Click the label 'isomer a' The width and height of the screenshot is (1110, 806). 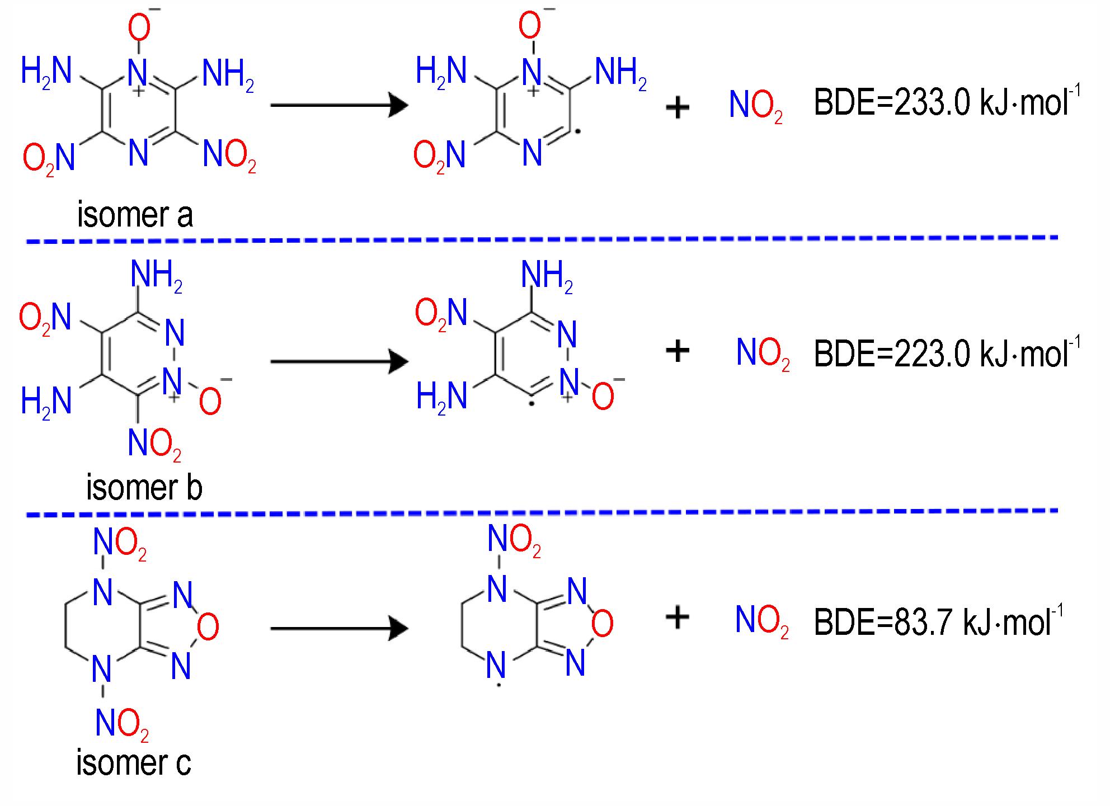(135, 215)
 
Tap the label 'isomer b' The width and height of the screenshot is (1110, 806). (144, 487)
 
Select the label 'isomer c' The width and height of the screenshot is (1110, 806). (134, 762)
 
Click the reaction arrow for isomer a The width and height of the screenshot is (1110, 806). (340, 105)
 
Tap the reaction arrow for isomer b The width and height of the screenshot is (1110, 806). (340, 361)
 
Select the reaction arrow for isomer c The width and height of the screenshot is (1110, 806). (340, 628)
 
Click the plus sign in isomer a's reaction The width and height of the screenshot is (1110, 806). (678, 109)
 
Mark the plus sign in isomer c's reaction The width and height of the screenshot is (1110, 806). (678, 618)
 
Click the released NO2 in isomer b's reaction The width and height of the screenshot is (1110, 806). (763, 354)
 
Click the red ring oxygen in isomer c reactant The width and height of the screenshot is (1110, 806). (208, 627)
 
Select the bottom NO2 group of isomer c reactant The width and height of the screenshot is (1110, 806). (122, 724)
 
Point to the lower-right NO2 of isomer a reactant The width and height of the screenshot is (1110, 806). (229, 156)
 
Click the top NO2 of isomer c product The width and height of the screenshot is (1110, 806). (514, 541)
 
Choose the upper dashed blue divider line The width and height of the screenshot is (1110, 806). (542, 240)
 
